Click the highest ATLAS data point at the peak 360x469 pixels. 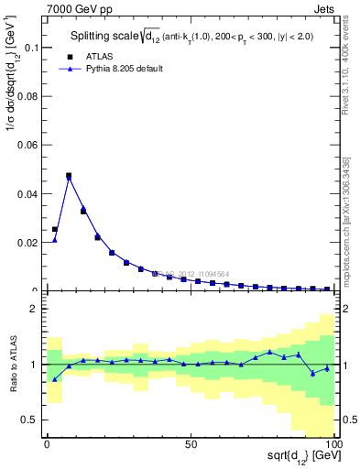click(x=69, y=175)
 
